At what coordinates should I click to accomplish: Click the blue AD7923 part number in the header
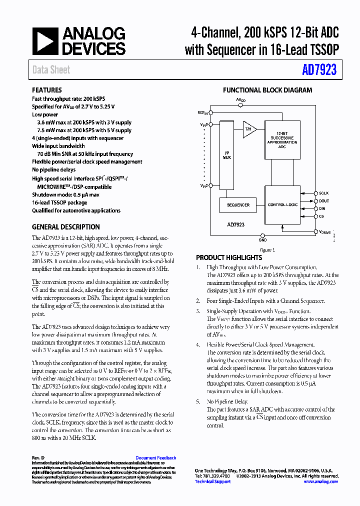319,70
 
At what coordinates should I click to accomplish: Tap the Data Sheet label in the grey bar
51,70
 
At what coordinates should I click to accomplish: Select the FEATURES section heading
47,90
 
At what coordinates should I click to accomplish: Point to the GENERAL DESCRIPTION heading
66,226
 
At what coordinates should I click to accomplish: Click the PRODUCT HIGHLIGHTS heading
229,257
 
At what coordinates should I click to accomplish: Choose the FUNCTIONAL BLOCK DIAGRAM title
267,90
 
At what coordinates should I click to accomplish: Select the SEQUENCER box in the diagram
238,204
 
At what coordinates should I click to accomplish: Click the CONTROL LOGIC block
283,204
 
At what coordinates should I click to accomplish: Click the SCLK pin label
324,193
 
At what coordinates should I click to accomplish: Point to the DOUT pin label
324,201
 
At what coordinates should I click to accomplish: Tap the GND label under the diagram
263,239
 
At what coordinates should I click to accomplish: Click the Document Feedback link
155,458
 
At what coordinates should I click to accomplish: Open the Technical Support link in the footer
212,481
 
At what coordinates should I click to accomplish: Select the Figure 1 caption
266,250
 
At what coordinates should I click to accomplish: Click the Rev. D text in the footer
38,458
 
